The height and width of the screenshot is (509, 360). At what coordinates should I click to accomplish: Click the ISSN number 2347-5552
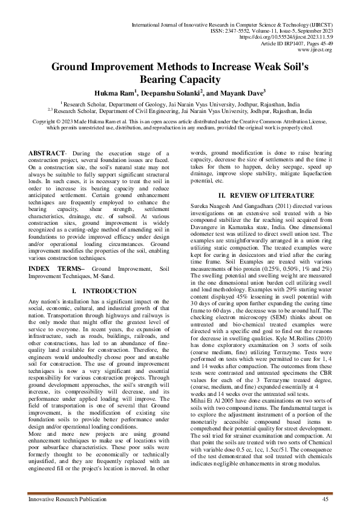(263, 30)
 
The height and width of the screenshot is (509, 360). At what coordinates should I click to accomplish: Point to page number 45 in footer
(326, 498)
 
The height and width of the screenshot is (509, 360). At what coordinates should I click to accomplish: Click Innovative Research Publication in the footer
(64, 498)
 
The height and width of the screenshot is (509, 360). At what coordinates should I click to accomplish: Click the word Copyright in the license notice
(46, 122)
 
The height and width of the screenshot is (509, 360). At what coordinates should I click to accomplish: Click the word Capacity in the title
(197, 79)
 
